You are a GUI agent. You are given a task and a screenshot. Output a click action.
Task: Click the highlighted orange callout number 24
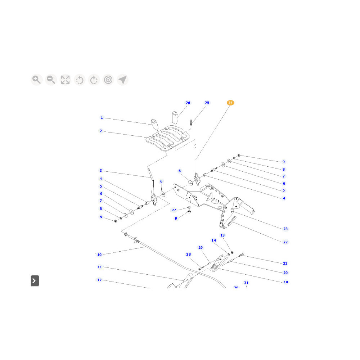(x=230, y=103)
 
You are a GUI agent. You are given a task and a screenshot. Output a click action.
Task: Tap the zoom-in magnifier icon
(x=36, y=80)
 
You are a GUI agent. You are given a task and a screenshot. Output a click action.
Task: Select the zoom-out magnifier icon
(x=51, y=80)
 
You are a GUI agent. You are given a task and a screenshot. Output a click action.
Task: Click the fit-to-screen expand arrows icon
(x=65, y=80)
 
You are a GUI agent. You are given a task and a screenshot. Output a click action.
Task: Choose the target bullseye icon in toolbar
(x=108, y=80)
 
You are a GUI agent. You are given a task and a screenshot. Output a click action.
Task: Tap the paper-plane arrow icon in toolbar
(x=123, y=80)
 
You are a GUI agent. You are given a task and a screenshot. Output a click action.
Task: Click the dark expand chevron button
(x=35, y=280)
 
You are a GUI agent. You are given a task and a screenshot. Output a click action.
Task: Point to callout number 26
(x=188, y=103)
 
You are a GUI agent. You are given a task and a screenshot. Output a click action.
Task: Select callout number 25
(x=207, y=103)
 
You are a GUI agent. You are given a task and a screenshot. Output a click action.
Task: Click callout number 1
(x=102, y=118)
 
